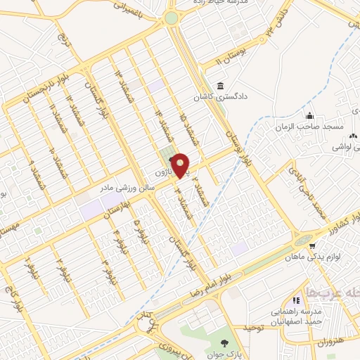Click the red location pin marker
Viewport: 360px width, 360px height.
coord(181,165)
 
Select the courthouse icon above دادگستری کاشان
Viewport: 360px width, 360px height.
coord(221,86)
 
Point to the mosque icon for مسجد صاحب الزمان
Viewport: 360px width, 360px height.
coord(307,116)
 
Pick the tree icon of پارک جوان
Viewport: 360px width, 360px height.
coord(224,344)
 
